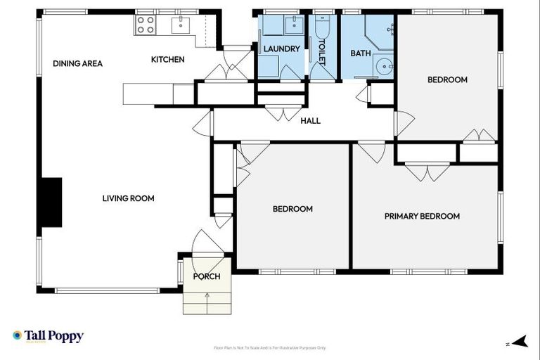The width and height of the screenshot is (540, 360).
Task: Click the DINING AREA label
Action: pyautogui.click(x=77, y=63)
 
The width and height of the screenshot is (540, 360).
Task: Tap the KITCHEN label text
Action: pyautogui.click(x=167, y=60)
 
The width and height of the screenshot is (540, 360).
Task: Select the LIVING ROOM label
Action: pyautogui.click(x=128, y=198)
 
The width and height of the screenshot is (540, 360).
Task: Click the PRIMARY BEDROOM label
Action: pyautogui.click(x=422, y=216)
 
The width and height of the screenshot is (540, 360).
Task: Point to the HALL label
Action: pyautogui.click(x=310, y=121)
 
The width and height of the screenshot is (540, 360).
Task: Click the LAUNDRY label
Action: pyautogui.click(x=281, y=49)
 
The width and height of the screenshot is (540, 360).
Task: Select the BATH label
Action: pyautogui.click(x=360, y=53)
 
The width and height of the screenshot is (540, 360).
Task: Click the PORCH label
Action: pyautogui.click(x=207, y=276)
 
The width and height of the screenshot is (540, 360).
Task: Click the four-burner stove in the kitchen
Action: pyautogui.click(x=145, y=25)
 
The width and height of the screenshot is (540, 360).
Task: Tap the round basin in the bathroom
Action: pyautogui.click(x=384, y=67)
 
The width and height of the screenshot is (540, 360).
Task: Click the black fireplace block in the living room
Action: pyautogui.click(x=51, y=202)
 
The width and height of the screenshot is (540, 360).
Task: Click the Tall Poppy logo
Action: pyautogui.click(x=48, y=336)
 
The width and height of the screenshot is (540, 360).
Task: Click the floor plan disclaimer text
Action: pyautogui.click(x=269, y=348)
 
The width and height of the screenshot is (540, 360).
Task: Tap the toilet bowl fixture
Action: pyautogui.click(x=323, y=28)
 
